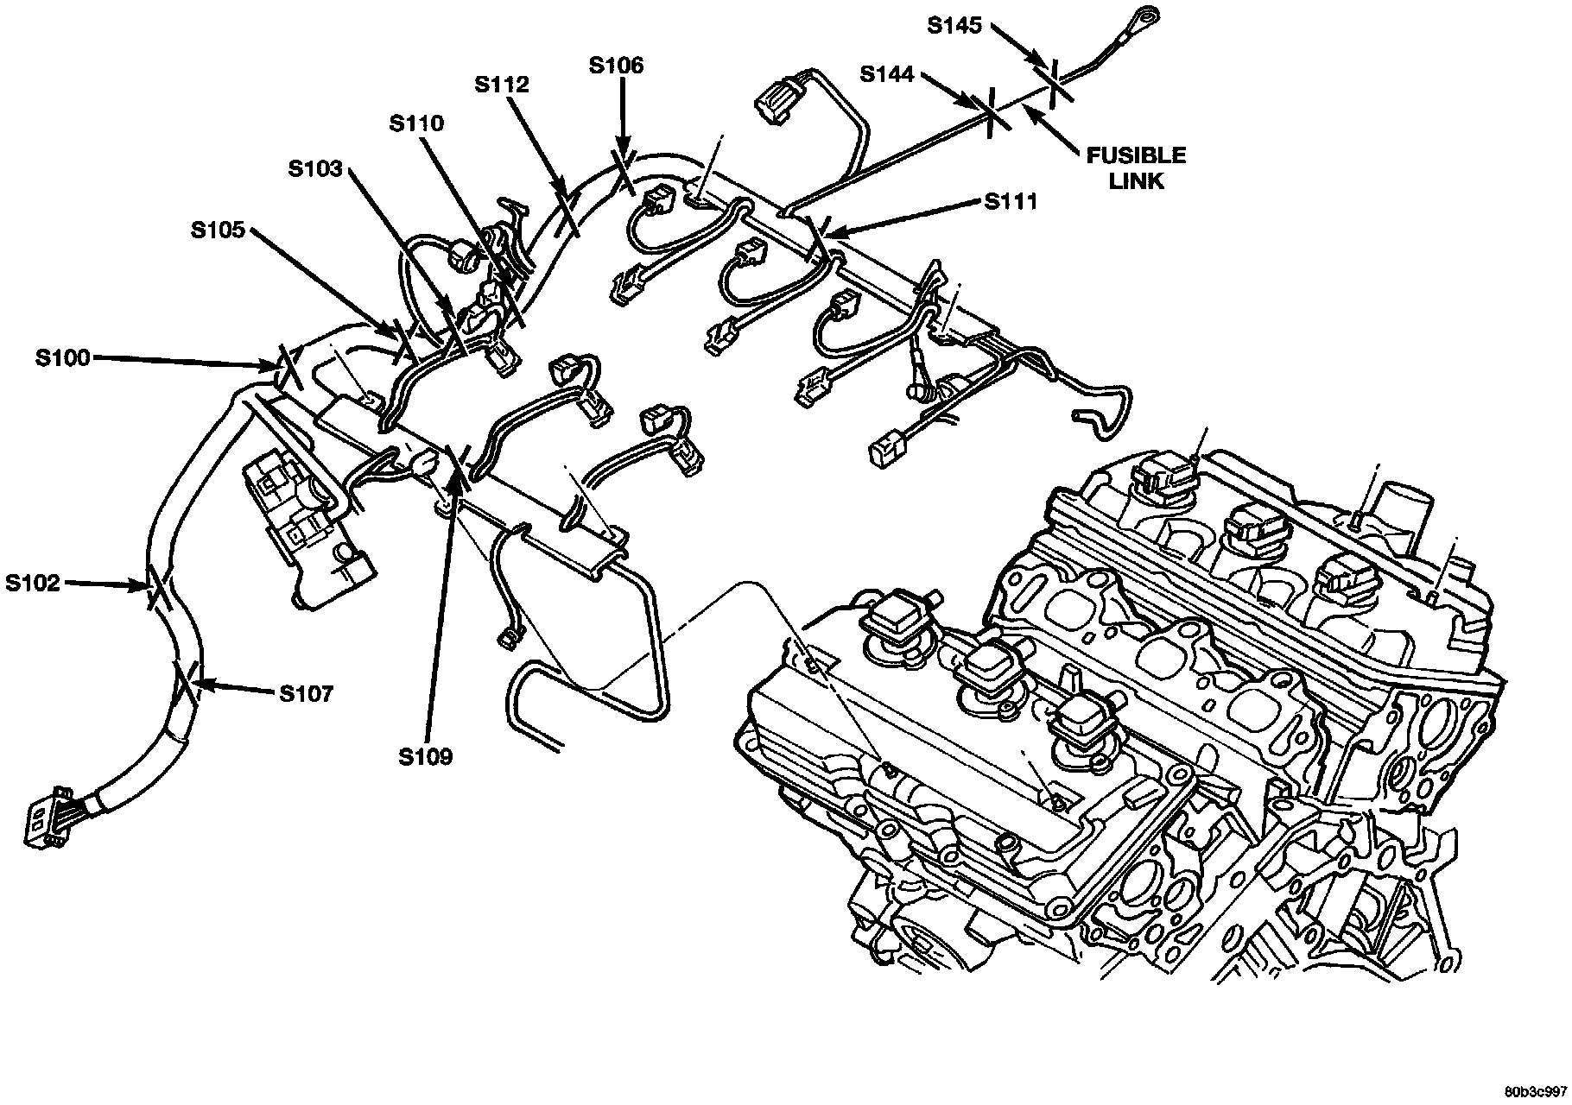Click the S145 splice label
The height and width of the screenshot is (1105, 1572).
(x=954, y=26)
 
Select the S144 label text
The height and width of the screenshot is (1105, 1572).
(x=887, y=75)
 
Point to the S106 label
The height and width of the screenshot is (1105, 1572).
(x=616, y=66)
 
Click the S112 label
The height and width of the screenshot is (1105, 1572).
(x=502, y=85)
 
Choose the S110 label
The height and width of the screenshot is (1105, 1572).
(x=416, y=123)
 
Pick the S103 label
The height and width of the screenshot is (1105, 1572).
(x=315, y=167)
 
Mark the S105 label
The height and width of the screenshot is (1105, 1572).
(x=219, y=230)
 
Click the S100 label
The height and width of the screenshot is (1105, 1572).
(x=62, y=357)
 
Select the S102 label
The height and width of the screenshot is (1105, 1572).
(x=33, y=584)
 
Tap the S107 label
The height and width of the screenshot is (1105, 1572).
(x=306, y=694)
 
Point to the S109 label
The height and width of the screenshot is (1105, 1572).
(x=426, y=757)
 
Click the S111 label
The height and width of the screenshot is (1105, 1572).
(x=1011, y=202)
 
